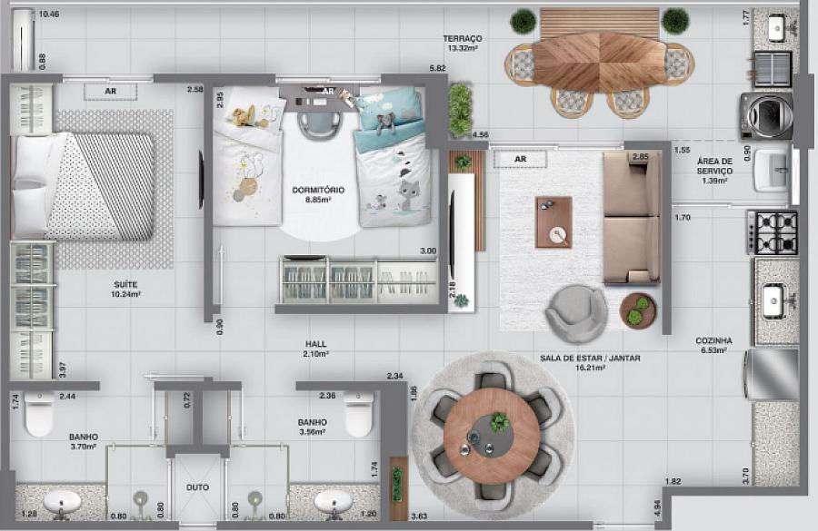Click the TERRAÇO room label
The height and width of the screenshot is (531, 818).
tap(463, 38)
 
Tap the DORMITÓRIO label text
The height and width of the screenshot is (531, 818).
tap(316, 191)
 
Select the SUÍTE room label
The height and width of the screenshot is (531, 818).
tap(126, 284)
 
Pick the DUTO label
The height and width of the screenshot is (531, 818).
tap(197, 487)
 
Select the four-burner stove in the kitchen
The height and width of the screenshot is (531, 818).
tap(773, 232)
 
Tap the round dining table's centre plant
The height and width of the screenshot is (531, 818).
tap(498, 422)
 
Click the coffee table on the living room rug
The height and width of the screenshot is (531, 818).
tap(554, 221)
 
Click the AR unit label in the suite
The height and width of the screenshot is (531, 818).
tap(110, 91)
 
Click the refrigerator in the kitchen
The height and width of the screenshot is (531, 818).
tap(772, 374)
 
